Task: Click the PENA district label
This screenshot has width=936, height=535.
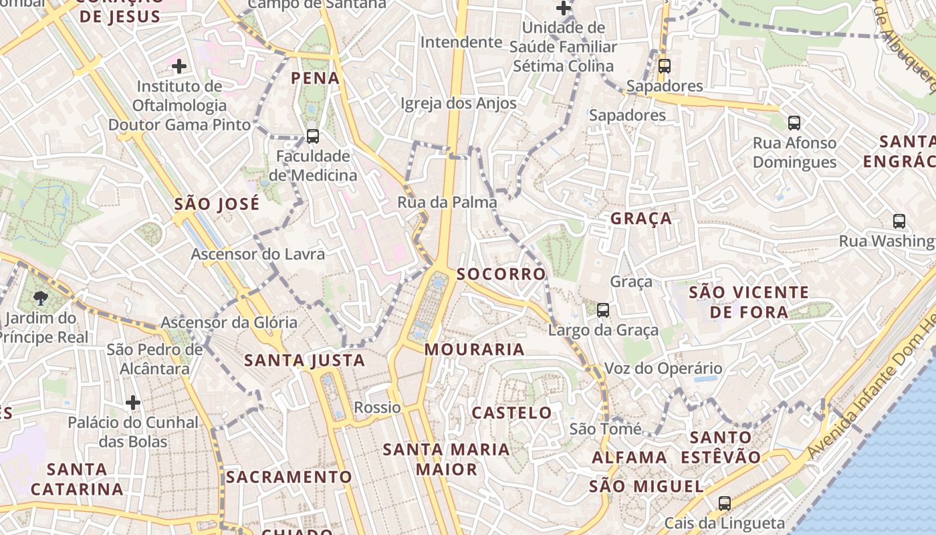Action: pyautogui.click(x=316, y=78)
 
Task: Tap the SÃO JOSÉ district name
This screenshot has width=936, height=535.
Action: pyautogui.click(x=217, y=205)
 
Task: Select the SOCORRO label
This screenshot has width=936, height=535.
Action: pyautogui.click(x=501, y=274)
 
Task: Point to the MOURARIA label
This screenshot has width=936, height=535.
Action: pyautogui.click(x=475, y=349)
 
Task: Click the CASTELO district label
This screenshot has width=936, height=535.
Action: pyautogui.click(x=512, y=413)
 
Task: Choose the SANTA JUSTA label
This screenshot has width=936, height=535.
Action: pyautogui.click(x=305, y=360)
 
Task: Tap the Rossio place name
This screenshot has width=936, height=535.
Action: pyautogui.click(x=378, y=407)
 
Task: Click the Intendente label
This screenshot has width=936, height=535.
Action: pyautogui.click(x=461, y=42)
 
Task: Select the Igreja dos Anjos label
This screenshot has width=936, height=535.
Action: pyautogui.click(x=459, y=103)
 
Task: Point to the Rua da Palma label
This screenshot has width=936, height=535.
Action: pyautogui.click(x=447, y=202)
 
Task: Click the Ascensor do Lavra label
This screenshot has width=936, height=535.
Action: pyautogui.click(x=258, y=254)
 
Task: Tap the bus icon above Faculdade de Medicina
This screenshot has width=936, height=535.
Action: pyautogui.click(x=312, y=136)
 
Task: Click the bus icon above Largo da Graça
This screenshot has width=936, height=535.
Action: pyautogui.click(x=603, y=310)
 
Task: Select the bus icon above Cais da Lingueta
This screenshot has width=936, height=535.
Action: pyautogui.click(x=725, y=503)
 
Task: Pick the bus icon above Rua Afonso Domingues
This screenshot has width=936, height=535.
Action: pyautogui.click(x=794, y=123)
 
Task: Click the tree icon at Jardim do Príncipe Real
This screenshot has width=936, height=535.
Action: pyautogui.click(x=41, y=298)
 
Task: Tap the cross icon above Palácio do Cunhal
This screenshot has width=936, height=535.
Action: pyautogui.click(x=133, y=403)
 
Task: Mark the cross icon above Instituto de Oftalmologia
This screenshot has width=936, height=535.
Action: pyautogui.click(x=179, y=66)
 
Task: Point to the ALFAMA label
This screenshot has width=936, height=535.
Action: pyautogui.click(x=630, y=457)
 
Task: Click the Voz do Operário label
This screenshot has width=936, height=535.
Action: pyautogui.click(x=663, y=368)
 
